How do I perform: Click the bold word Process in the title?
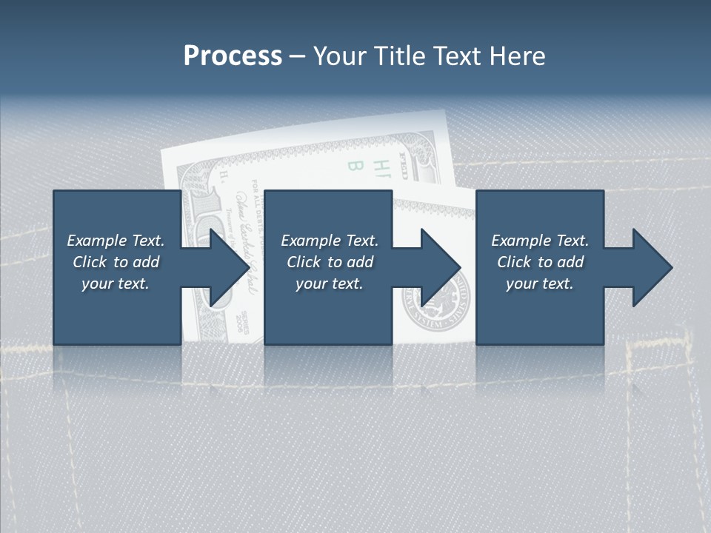point(233,56)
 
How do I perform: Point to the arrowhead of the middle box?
point(440,267)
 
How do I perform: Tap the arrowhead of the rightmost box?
point(652,267)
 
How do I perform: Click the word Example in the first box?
point(96,241)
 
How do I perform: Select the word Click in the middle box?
point(304,262)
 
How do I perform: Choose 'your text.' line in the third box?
point(540,284)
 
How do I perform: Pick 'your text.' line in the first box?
point(116,284)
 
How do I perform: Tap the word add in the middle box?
point(360,262)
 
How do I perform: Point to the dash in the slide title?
point(298,56)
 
